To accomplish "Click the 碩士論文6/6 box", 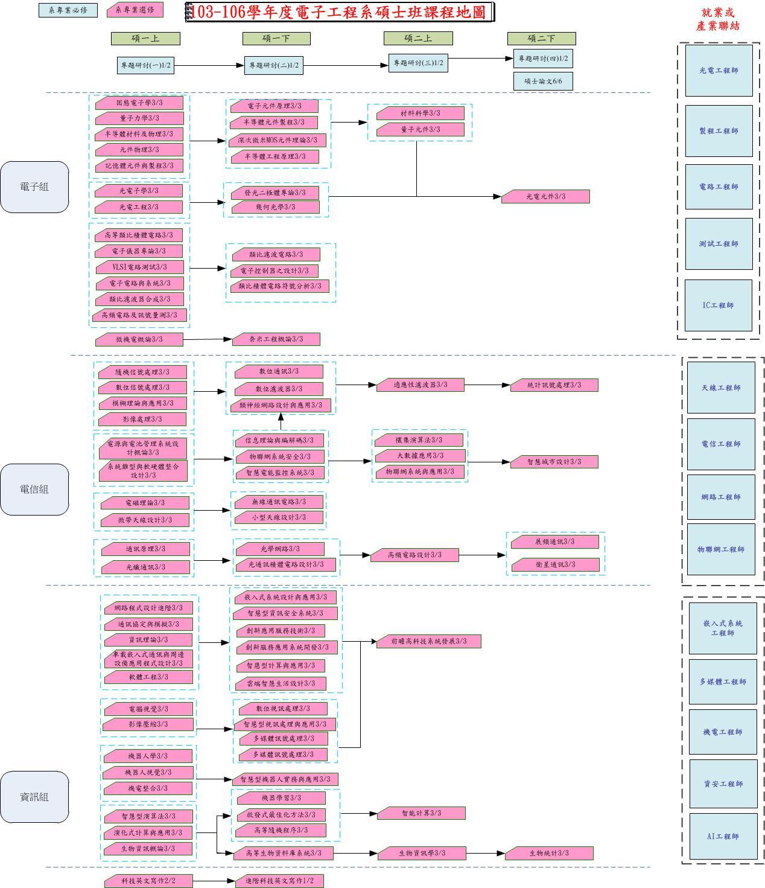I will coord(542,81).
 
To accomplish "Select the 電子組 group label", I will coord(34,187).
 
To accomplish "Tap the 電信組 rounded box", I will coord(34,490).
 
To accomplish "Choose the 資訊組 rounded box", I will coord(34,797).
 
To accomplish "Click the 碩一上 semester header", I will coord(145,39).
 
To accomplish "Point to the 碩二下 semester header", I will coord(541,39).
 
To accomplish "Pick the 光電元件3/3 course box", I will coord(545,197).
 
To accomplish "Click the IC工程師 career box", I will coord(718,305).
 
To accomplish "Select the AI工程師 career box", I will coord(723,837).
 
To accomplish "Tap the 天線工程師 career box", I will coord(721,388).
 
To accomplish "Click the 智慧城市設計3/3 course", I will coord(554,462).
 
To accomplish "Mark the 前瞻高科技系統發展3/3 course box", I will coord(428,641).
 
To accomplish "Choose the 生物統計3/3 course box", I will coord(549,853).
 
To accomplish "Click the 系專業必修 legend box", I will coord(68,10).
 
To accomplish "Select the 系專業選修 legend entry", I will coord(135,10).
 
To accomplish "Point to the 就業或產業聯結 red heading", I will coord(717,19).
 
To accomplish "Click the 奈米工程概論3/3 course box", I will coord(276,339).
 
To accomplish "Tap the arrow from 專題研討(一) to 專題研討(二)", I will coord(209,65).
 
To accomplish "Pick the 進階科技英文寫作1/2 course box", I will coord(279,881).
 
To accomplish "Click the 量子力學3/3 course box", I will coord(139,118).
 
